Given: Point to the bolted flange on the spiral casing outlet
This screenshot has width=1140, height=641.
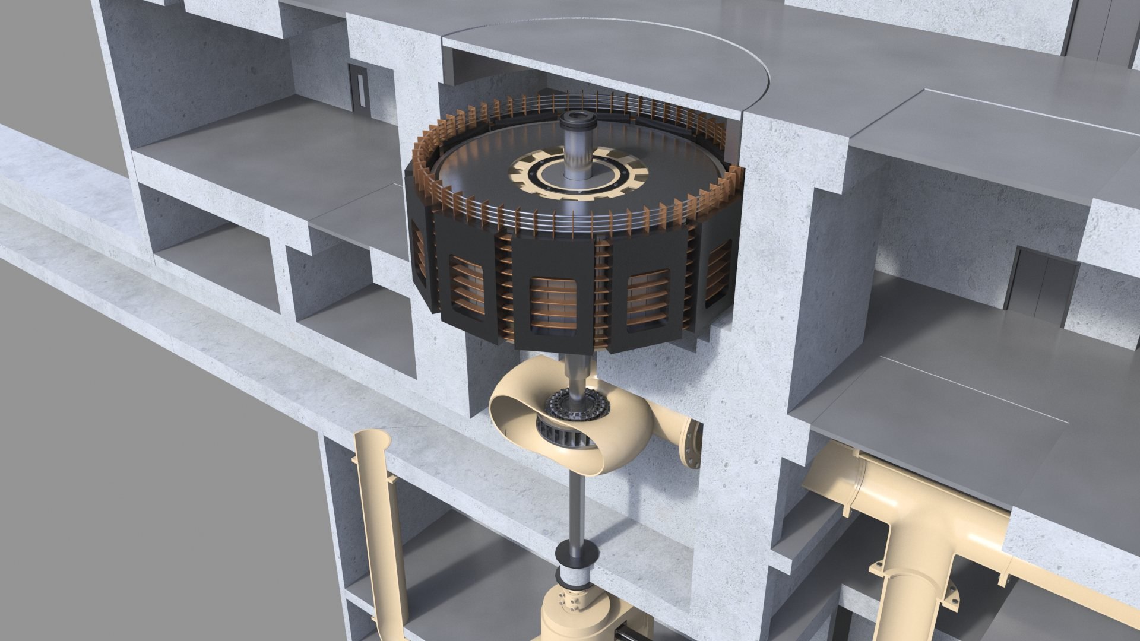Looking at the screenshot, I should [x=692, y=443].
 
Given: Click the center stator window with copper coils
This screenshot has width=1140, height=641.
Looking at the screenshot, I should [x=553, y=303].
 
